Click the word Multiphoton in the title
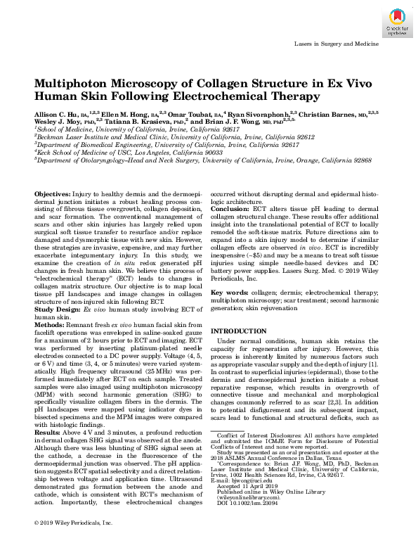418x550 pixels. click(x=76, y=82)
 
